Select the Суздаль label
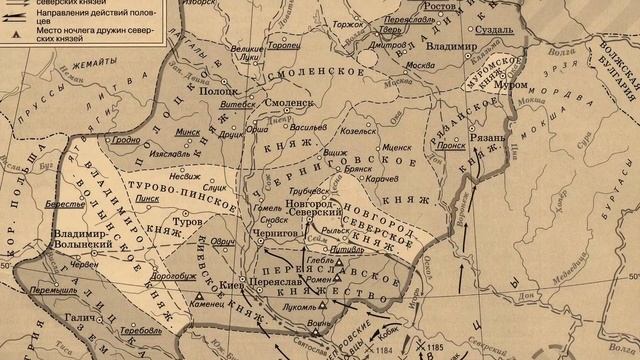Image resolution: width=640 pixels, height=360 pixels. click(x=500, y=31)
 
